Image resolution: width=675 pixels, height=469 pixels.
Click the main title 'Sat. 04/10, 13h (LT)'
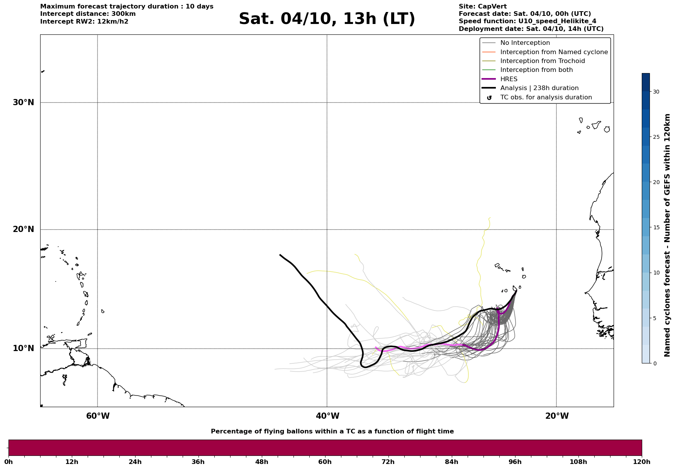[327, 19]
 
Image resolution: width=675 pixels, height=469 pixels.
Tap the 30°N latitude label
[23, 102]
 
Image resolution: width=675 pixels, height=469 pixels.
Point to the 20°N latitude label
[23, 229]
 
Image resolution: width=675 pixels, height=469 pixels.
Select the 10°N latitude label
[23, 348]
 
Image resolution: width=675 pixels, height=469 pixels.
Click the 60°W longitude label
[98, 416]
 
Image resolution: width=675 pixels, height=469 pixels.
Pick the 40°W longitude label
[327, 416]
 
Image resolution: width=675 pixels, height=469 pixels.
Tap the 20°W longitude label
[557, 416]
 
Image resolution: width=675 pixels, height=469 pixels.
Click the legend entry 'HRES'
[509, 79]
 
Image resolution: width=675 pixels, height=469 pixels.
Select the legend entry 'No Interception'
[525, 43]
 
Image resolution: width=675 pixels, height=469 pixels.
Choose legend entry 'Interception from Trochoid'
[542, 61]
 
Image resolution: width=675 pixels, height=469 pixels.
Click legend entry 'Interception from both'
[536, 70]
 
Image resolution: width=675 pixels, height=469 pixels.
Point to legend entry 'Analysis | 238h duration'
[539, 88]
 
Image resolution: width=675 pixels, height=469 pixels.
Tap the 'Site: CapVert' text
[482, 7]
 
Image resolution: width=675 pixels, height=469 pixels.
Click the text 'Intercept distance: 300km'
[88, 14]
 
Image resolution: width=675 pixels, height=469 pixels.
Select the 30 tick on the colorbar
[656, 92]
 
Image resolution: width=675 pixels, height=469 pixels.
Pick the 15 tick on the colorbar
[656, 227]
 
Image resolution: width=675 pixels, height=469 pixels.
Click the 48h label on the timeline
[261, 462]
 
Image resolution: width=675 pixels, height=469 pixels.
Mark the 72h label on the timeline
[388, 462]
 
